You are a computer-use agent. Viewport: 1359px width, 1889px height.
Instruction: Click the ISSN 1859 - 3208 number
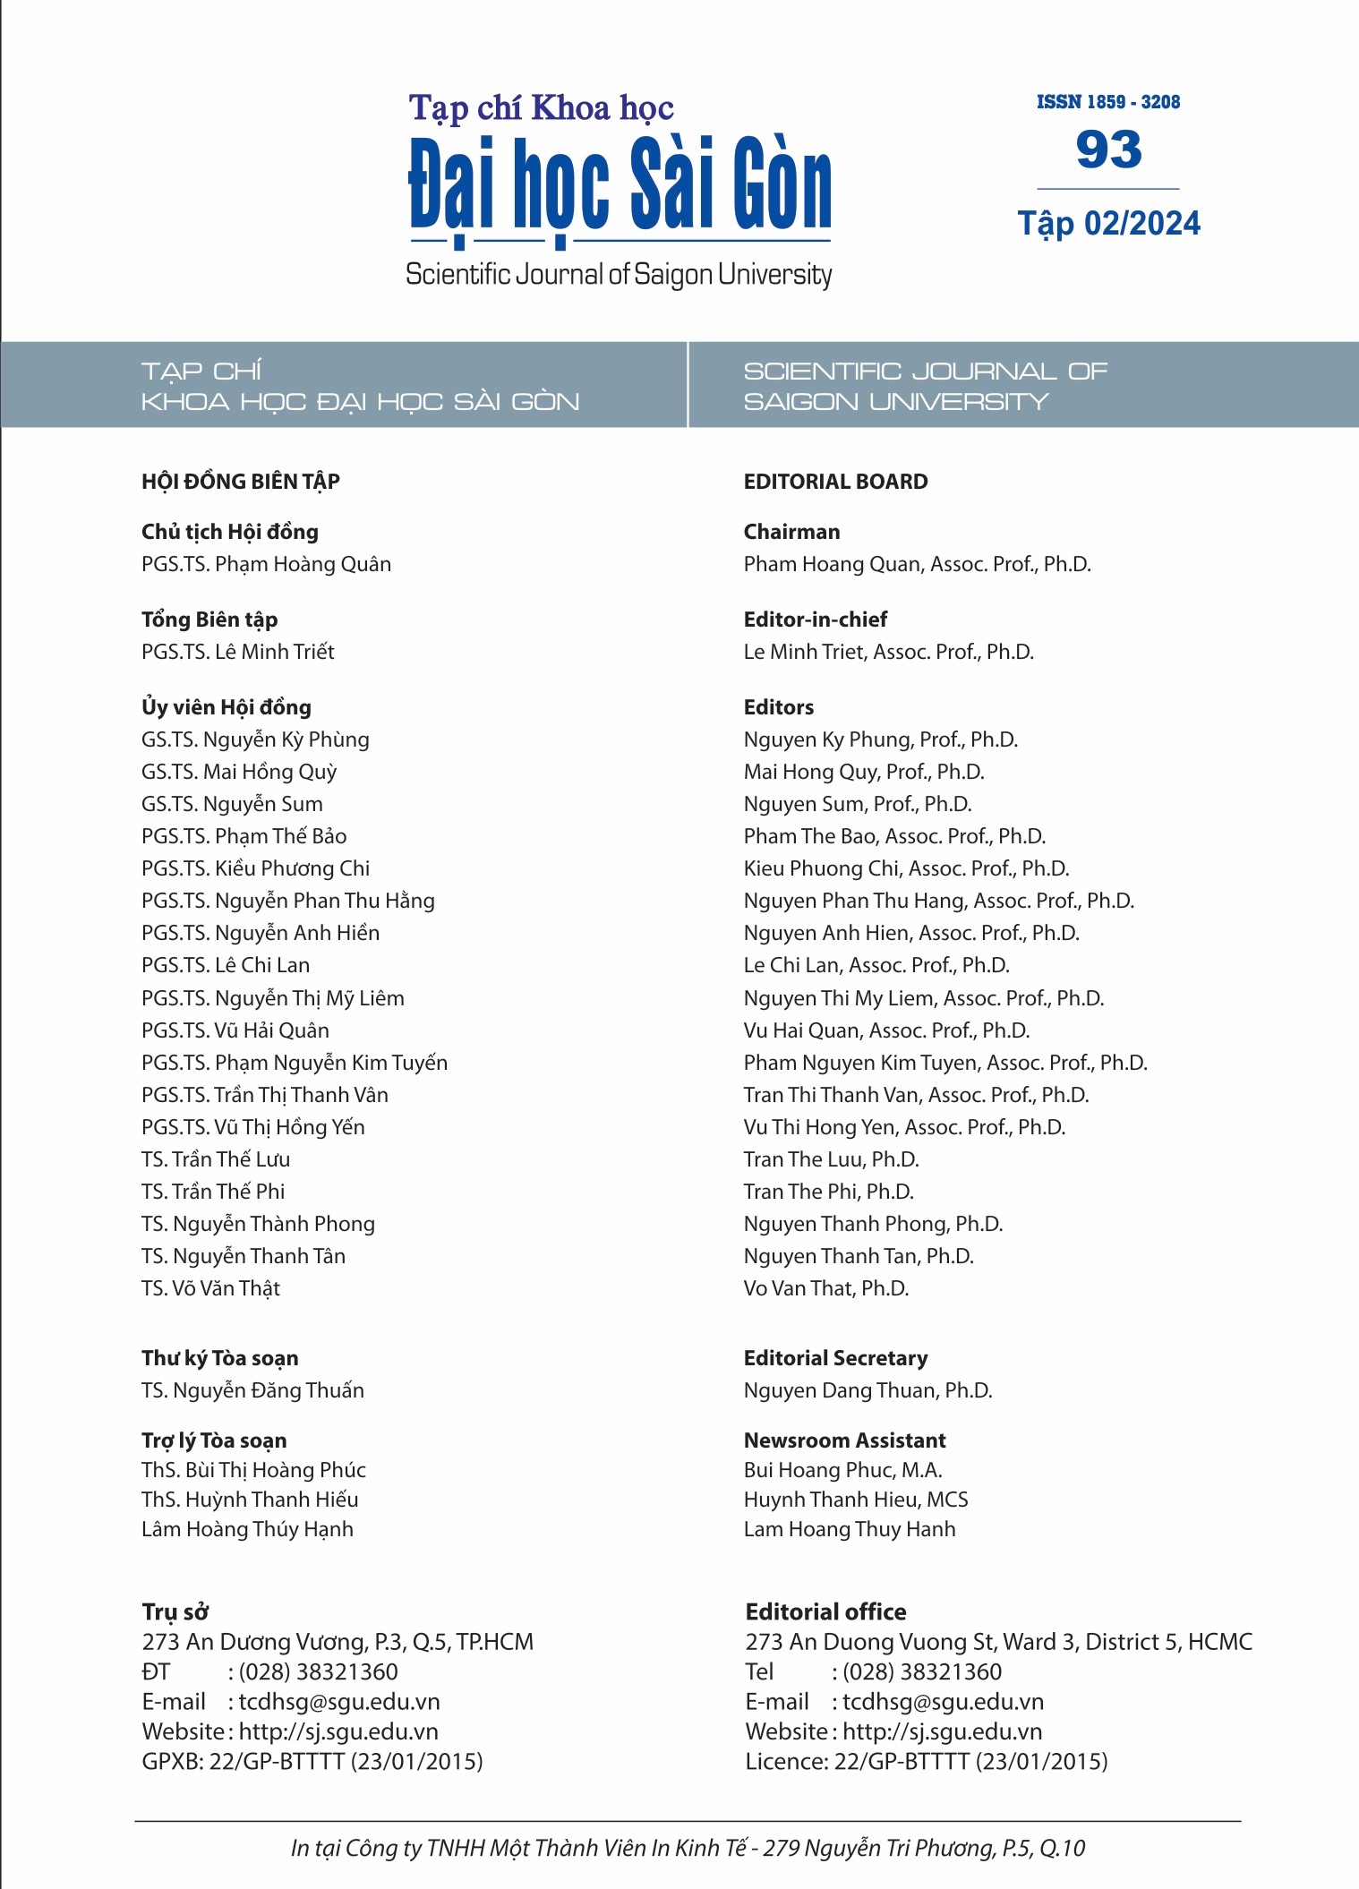coord(1107,102)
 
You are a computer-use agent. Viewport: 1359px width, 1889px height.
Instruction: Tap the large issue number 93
coord(1108,150)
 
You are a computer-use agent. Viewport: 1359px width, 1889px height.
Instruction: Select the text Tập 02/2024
coord(1108,223)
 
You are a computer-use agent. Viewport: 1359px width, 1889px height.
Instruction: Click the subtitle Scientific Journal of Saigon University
coord(619,274)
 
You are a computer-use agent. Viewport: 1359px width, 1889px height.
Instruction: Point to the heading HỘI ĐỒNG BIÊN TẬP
coord(241,482)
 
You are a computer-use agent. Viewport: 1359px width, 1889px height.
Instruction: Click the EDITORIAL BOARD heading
coord(835,482)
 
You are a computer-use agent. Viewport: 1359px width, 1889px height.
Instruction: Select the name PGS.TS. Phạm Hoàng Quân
coord(266,564)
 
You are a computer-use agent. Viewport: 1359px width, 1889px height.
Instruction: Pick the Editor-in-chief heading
coord(815,620)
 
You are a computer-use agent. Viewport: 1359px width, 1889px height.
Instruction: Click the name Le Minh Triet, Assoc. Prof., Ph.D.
coord(888,652)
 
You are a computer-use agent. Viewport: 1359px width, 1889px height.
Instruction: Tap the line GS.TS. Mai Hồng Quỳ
coord(239,772)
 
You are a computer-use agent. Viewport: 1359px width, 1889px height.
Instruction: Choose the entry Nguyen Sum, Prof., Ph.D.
coord(857,804)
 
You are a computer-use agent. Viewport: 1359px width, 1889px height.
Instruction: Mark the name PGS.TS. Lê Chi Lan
coord(226,965)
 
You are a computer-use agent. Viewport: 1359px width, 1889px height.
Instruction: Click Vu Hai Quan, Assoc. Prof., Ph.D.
coord(886,1030)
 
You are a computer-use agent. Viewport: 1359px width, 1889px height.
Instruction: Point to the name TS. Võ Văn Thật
coord(210,1288)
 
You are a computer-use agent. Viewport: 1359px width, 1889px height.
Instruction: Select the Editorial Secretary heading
coord(835,1358)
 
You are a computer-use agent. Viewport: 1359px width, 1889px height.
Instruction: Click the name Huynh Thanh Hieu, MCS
coord(855,1500)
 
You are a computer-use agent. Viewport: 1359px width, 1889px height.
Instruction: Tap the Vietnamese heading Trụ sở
coord(175,1611)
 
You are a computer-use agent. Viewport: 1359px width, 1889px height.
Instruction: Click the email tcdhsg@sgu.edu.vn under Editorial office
coord(943,1702)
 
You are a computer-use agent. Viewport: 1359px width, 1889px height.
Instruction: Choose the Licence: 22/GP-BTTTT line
coord(926,1762)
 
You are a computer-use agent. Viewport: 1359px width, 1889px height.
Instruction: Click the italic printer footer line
coord(688,1848)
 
